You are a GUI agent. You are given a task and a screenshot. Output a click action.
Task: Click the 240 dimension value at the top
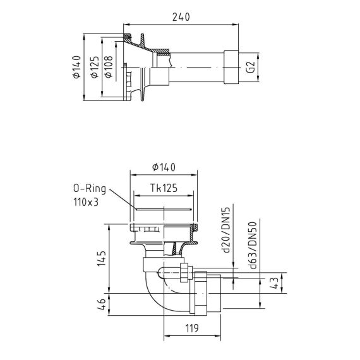[181, 17]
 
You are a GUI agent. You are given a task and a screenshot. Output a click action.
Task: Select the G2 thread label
[251, 67]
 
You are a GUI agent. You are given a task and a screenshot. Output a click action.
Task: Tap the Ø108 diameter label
[109, 67]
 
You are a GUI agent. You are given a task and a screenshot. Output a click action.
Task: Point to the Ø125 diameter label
[95, 67]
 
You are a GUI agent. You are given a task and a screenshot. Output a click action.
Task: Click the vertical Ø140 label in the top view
[76, 67]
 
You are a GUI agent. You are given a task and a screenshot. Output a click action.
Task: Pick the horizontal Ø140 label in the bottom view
[164, 167]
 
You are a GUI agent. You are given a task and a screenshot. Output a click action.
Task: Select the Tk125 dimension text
[164, 188]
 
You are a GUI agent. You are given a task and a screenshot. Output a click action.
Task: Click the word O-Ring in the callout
[90, 189]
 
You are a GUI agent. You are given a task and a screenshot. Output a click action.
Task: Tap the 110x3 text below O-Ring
[86, 202]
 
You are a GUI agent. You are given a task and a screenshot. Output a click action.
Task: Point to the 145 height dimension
[101, 258]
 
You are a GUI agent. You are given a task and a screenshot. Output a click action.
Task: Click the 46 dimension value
[101, 304]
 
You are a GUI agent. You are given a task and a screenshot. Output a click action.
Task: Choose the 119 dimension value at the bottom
[192, 328]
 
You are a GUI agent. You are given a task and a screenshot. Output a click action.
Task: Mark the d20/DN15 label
[226, 230]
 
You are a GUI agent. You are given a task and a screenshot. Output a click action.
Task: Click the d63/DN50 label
[253, 246]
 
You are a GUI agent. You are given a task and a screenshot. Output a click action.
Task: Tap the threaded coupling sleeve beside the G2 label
[231, 67]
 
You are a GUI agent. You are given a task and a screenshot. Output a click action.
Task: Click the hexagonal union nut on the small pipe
[186, 273]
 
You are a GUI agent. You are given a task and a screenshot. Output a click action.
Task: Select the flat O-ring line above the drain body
[164, 209]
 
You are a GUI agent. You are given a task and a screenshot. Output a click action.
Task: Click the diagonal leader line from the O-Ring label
[123, 199]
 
